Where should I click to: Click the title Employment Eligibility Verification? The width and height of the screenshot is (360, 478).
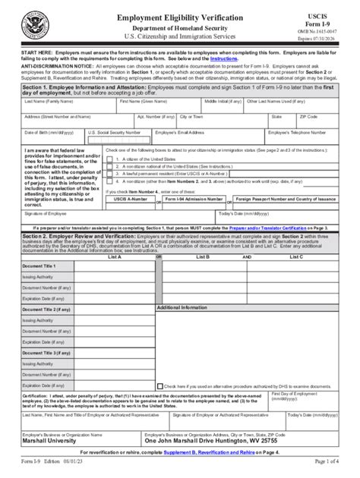(179, 16)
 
